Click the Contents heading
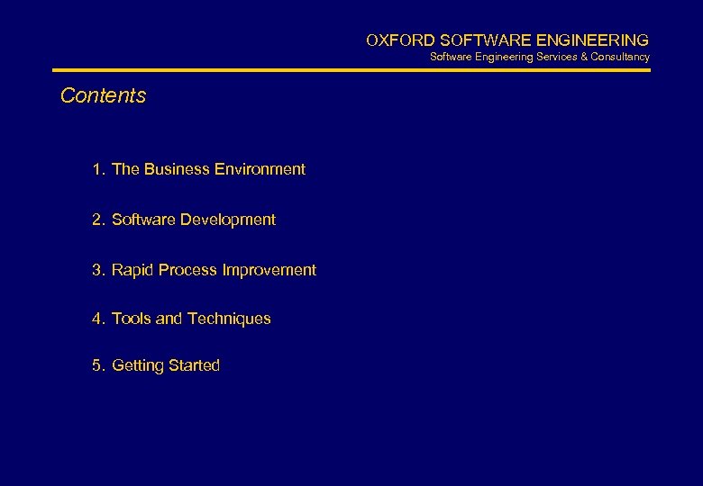click(103, 95)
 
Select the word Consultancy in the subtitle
click(620, 57)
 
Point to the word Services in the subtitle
click(559, 57)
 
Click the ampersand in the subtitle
click(585, 57)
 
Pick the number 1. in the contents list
click(97, 169)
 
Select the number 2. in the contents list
click(97, 220)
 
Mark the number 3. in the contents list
click(97, 270)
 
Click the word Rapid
click(132, 270)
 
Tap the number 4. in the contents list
click(97, 319)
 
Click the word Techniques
click(229, 319)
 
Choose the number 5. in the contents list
click(97, 365)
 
